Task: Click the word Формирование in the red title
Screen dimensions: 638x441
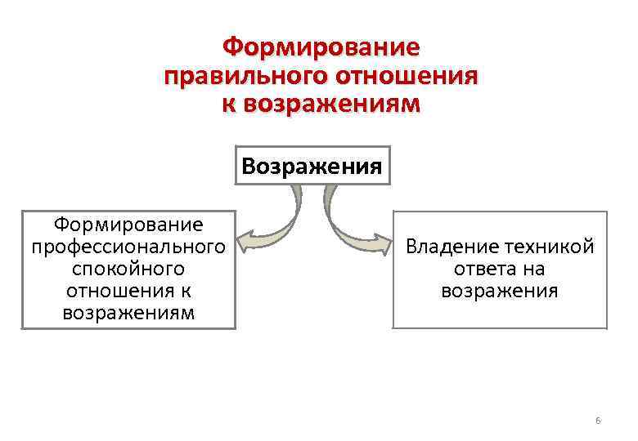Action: pyautogui.click(x=321, y=47)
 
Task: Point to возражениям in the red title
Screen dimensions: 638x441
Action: pyautogui.click(x=330, y=105)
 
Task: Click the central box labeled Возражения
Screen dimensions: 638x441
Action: pyautogui.click(x=312, y=167)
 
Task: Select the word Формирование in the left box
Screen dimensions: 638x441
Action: pyautogui.click(x=128, y=223)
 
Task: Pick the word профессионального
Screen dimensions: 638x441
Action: pyautogui.click(x=128, y=246)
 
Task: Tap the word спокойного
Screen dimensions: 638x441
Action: pyautogui.click(x=128, y=268)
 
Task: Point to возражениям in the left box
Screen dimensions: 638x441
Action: pyautogui.click(x=128, y=313)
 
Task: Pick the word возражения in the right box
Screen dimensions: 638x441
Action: pyautogui.click(x=500, y=291)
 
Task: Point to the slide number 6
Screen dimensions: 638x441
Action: pyautogui.click(x=598, y=421)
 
